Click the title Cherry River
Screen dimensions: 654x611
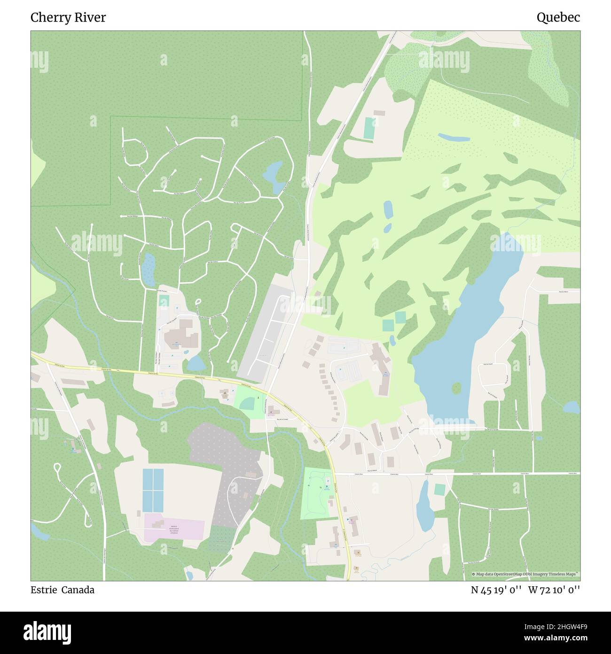[68, 17]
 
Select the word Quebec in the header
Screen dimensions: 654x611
[558, 17]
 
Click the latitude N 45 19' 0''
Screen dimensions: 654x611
[496, 590]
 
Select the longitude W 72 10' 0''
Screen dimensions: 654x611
[554, 590]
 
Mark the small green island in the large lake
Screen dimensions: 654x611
[456, 388]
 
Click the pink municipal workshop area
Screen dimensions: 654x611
[174, 527]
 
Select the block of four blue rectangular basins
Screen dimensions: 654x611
[153, 490]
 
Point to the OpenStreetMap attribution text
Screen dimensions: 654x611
[525, 574]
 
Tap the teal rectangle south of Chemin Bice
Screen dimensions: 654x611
[439, 490]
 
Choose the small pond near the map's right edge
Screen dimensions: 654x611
[571, 407]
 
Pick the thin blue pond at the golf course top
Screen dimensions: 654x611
[454, 137]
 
